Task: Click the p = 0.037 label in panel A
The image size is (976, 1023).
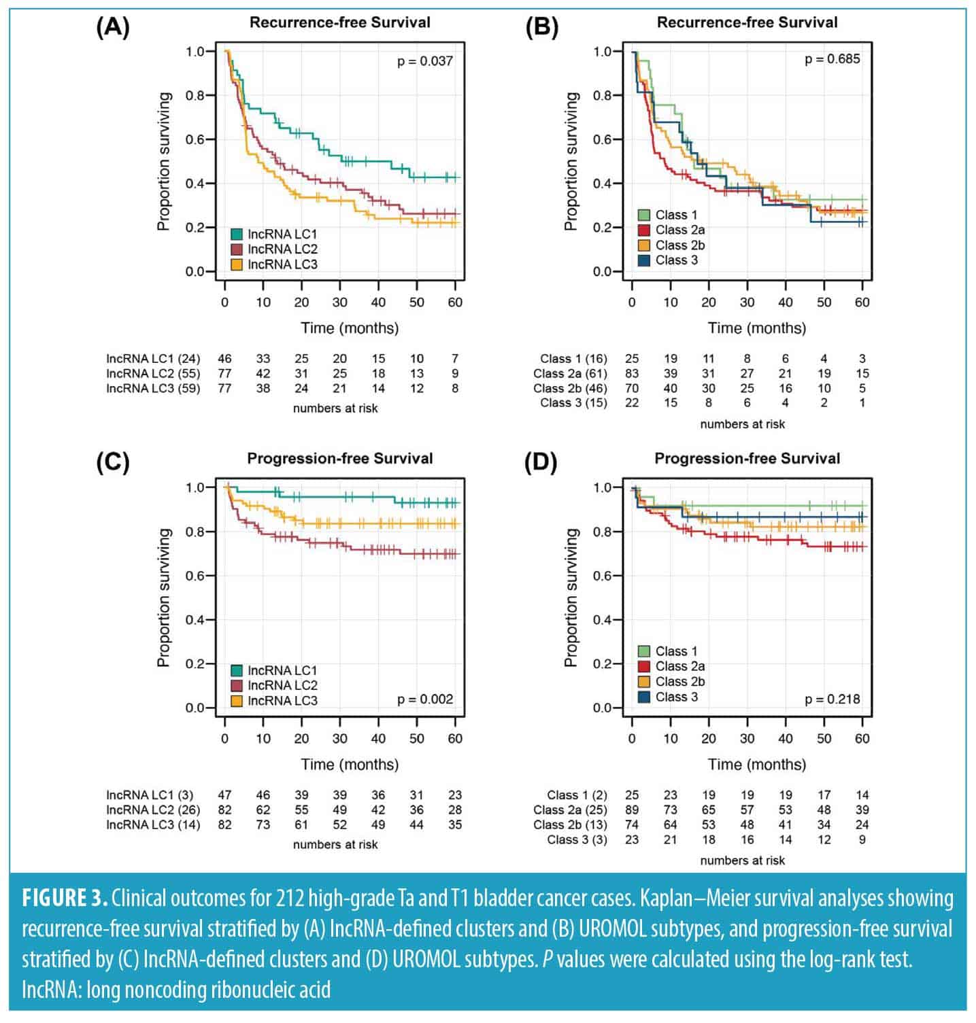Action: (425, 62)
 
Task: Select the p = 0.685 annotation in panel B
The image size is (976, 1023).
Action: (832, 59)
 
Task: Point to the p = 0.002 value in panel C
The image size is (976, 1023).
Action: (425, 699)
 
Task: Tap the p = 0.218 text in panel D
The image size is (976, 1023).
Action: (832, 699)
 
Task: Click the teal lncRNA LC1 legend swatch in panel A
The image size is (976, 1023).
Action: (237, 235)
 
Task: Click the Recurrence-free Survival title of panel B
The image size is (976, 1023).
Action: (747, 22)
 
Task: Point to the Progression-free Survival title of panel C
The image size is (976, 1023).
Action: (339, 459)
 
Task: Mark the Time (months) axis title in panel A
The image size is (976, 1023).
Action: (350, 328)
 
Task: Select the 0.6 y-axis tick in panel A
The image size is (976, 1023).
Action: (195, 139)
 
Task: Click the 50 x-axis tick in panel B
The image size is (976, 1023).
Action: (824, 302)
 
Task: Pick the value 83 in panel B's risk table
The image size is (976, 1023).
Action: (632, 374)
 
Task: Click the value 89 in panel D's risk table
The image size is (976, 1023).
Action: (632, 810)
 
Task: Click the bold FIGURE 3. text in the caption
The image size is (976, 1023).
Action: (65, 899)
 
